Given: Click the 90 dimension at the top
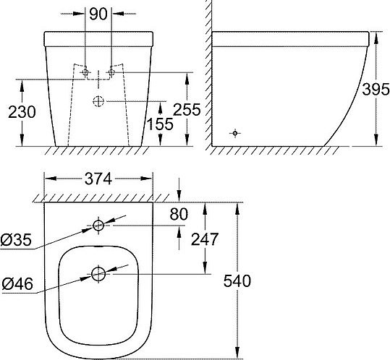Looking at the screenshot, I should click(x=98, y=14).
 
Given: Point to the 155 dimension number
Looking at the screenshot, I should click(x=161, y=124).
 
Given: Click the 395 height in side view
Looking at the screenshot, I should click(x=374, y=88).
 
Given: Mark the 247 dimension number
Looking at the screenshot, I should click(x=205, y=239).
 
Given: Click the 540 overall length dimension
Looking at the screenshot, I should click(x=237, y=281).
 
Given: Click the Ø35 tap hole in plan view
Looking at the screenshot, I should click(x=99, y=226).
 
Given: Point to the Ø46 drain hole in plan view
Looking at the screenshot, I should click(x=99, y=273).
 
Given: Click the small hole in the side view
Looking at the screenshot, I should click(x=234, y=132).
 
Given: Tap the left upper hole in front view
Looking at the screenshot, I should click(x=85, y=73).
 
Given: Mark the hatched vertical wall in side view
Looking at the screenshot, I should click(x=208, y=72).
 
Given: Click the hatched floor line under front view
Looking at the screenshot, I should click(x=99, y=150).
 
